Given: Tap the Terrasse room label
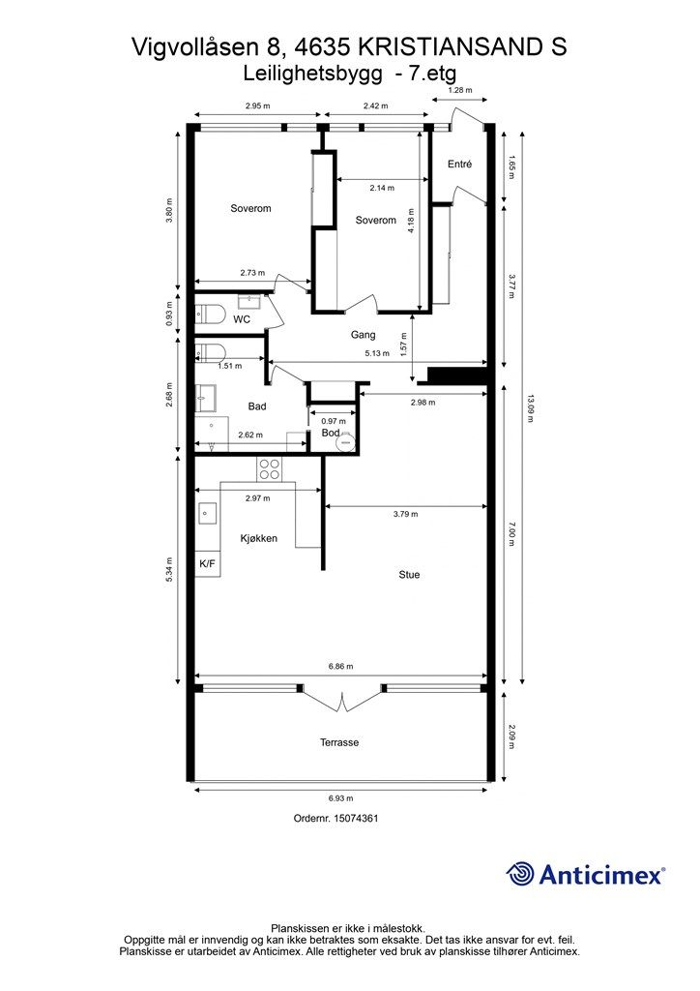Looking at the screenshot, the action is point(339,742).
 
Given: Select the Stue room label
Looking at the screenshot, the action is point(409,575).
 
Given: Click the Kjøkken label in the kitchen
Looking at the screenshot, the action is point(259,538).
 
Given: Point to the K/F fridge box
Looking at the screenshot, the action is point(208,564).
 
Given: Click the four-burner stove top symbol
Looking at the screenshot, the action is point(270,468).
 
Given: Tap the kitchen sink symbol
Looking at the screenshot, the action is point(207,513).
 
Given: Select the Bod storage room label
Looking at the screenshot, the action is point(331,433).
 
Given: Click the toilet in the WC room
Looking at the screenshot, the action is point(210,314).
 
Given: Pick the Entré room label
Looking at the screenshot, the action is point(459,164).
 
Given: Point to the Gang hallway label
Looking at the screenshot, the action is point(363,335).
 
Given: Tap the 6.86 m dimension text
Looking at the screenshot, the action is point(341,666).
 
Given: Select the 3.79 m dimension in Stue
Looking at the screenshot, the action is point(405,514).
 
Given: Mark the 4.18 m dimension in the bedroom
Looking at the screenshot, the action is point(411,222).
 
